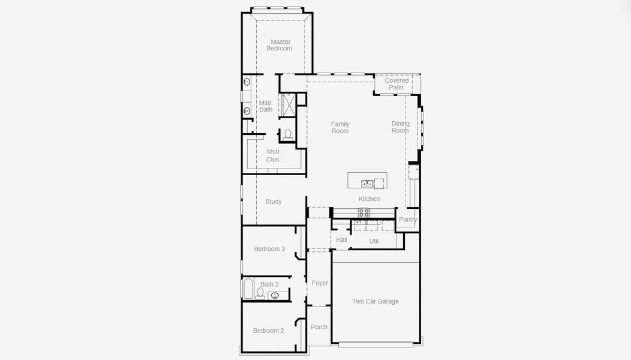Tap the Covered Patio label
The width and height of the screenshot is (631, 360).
tap(396, 84)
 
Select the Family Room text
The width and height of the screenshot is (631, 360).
tap(340, 127)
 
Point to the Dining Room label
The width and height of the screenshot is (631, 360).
tap(400, 127)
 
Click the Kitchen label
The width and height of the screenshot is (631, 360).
tap(369, 199)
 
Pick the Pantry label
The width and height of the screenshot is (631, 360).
tap(408, 220)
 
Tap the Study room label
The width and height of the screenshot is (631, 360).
tap(274, 202)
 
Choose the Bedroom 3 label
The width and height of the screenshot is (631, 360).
tap(269, 249)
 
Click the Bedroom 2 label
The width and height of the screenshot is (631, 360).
tap(268, 331)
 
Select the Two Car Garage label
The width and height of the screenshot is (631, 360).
tap(375, 301)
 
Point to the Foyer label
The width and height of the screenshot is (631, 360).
tap(320, 283)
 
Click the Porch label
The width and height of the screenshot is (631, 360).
tap(319, 327)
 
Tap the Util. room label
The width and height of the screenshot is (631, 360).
tap(374, 241)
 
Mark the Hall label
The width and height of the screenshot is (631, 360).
tap(341, 240)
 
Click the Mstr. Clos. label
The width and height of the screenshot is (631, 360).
tap(274, 155)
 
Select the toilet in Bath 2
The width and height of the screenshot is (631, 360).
tap(260, 293)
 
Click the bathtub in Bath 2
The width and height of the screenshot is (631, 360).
tap(247, 289)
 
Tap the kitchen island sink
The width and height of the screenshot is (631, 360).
tap(367, 184)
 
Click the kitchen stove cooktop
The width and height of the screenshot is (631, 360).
tap(364, 212)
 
